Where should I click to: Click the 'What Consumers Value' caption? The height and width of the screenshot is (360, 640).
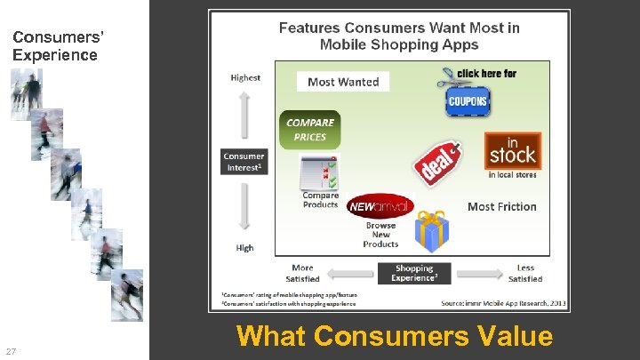[394, 337]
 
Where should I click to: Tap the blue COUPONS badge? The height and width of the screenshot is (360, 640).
[467, 101]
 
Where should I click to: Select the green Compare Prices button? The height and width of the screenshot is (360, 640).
[309, 130]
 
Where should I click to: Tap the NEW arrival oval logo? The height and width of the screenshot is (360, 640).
[380, 206]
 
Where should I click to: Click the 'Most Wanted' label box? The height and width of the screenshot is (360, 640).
[343, 82]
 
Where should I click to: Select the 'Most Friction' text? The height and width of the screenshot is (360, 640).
[501, 206]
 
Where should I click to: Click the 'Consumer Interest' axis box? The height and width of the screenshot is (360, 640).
[244, 161]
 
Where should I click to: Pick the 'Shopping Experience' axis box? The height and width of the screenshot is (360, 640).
[414, 273]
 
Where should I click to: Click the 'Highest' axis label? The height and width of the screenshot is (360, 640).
[245, 77]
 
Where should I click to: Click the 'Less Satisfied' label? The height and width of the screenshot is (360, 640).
[525, 273]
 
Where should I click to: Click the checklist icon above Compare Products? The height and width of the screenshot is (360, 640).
[318, 172]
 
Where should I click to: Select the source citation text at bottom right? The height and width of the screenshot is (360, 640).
[503, 303]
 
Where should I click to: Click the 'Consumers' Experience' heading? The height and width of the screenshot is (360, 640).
[55, 46]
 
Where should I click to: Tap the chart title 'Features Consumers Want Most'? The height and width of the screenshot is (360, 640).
[399, 36]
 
